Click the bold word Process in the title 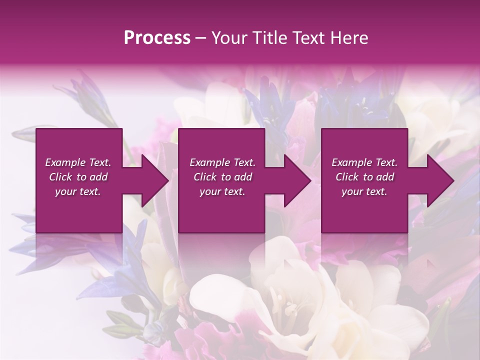point(157,38)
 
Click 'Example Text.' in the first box point(78,162)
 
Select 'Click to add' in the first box point(78,177)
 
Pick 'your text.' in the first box point(78,191)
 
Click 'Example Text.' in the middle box point(222,162)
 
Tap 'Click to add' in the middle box point(222,177)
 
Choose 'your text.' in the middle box point(222,191)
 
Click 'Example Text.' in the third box point(364,162)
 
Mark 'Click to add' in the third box point(364,177)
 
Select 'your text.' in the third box point(364,191)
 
